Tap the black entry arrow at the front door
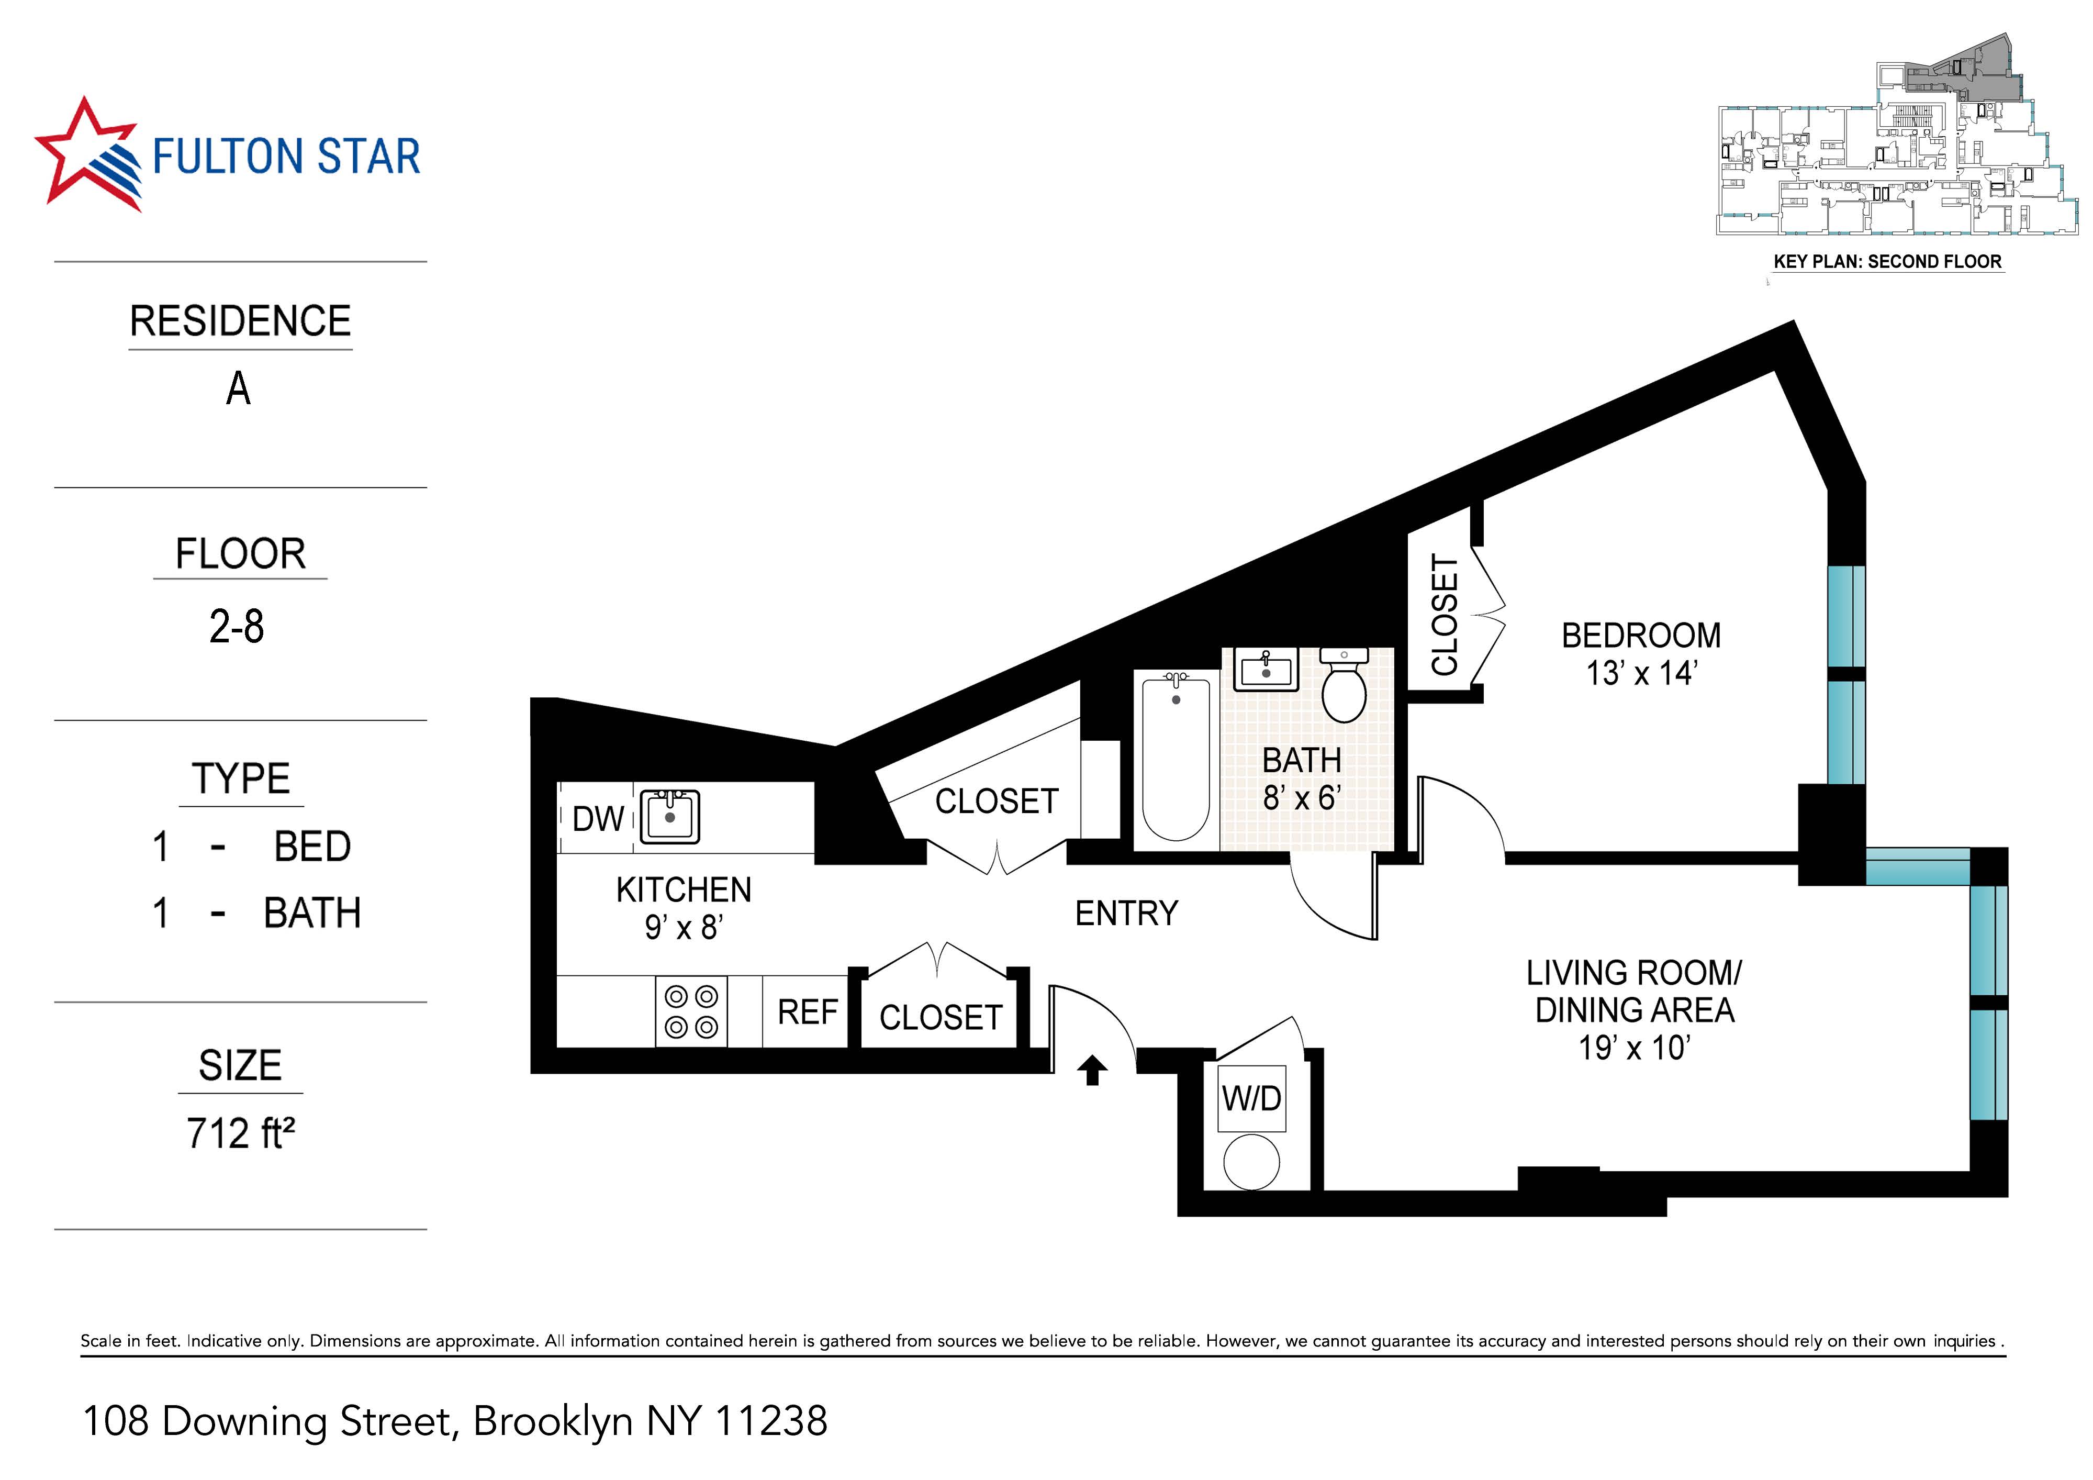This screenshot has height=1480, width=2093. (1092, 1071)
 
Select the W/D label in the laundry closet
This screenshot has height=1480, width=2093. (1251, 1099)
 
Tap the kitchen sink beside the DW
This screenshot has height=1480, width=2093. (670, 817)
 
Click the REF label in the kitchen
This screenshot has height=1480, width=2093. (807, 1012)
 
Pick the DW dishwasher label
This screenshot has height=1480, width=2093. (598, 819)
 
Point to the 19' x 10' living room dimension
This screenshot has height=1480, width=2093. (1633, 1048)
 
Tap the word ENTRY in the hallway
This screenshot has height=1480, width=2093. (1127, 914)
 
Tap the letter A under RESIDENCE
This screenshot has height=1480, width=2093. (238, 390)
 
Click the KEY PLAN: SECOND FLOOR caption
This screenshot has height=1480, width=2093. (1887, 262)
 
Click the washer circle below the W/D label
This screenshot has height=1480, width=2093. (1251, 1162)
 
